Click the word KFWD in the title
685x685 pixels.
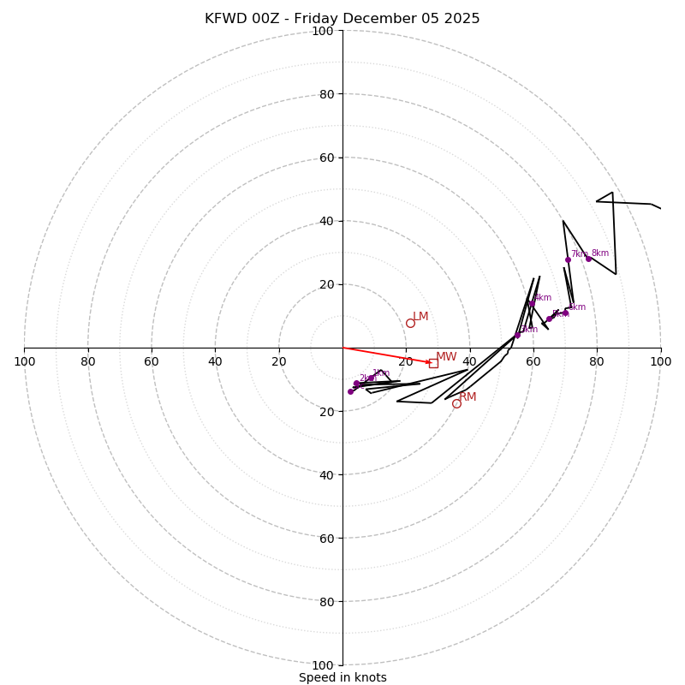tap(224, 19)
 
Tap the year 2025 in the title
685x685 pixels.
tap(461, 19)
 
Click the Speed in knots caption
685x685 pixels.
tap(342, 677)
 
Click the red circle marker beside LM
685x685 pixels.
tap(410, 323)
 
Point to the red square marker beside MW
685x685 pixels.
tap(433, 363)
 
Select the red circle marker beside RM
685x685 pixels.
tap(456, 403)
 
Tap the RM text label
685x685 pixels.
tap(468, 396)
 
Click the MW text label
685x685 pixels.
tap(446, 357)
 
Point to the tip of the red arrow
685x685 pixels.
tap(432, 363)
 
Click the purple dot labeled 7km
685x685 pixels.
tap(568, 259)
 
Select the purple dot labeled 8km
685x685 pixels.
tap(588, 259)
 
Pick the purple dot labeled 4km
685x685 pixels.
tap(532, 303)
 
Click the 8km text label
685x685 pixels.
tap(599, 253)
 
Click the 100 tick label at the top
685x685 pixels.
tap(323, 31)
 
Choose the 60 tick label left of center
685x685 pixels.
tap(152, 361)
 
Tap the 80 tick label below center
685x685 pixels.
tap(326, 601)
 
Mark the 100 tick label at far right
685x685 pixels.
tap(660, 361)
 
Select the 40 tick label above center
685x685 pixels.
tap(326, 221)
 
